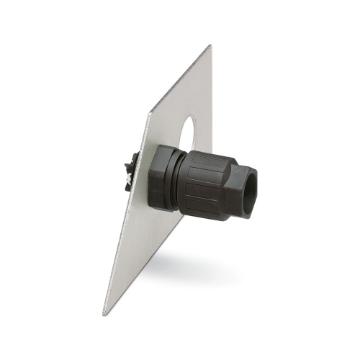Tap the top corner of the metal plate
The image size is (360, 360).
(210, 47)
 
